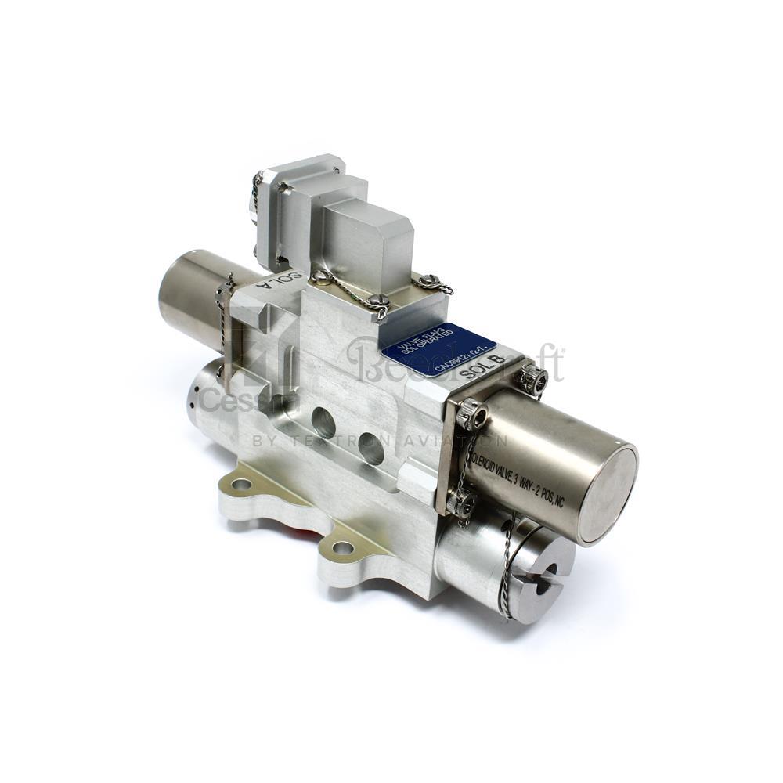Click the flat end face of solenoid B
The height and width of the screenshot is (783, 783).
(x=608, y=493)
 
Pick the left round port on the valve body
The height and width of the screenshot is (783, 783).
(x=323, y=422)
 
